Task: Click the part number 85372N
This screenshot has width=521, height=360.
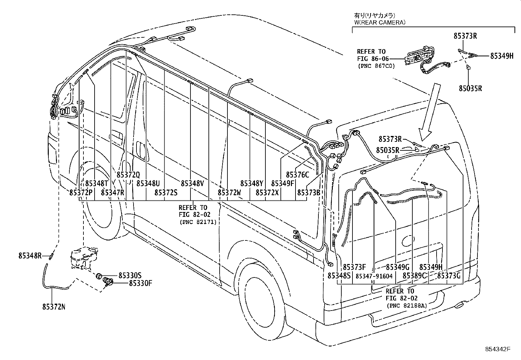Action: pos(54,307)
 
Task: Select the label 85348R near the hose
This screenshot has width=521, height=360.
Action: pos(30,256)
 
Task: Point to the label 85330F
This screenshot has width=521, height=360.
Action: pos(140,283)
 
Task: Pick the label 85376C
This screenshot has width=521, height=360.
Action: pos(297,175)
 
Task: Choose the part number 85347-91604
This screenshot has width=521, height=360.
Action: pos(374,276)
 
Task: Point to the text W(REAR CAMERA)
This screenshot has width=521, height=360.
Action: pos(380,23)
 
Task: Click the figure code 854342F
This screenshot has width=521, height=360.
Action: pos(498,350)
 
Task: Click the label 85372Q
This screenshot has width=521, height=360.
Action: pos(128,175)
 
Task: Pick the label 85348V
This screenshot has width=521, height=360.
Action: pos(192,183)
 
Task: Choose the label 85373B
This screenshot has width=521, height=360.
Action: pos(309,192)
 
